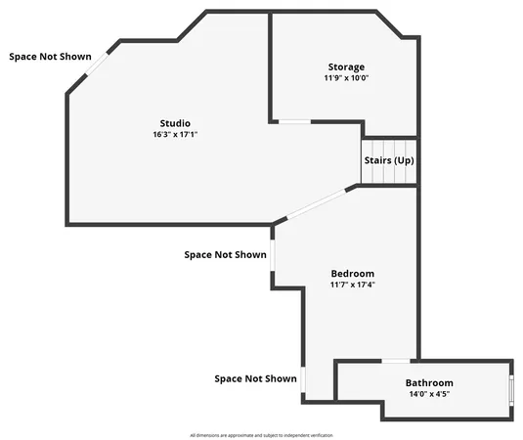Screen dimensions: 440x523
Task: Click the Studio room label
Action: click(x=175, y=122)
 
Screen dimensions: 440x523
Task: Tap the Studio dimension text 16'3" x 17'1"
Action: click(x=175, y=135)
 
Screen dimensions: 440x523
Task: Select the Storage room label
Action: click(x=346, y=66)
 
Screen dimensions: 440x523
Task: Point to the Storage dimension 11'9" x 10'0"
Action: click(x=346, y=78)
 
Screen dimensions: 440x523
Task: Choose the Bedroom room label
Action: click(x=352, y=273)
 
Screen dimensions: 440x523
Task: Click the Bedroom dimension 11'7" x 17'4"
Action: click(x=352, y=286)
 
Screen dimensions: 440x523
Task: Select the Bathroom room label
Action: click(x=429, y=382)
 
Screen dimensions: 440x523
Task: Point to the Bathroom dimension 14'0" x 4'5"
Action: click(x=429, y=395)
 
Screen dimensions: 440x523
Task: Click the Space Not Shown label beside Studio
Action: click(x=50, y=57)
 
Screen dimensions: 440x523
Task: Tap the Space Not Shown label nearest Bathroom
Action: click(x=255, y=378)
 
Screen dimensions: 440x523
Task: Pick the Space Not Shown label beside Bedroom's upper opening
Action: click(x=225, y=255)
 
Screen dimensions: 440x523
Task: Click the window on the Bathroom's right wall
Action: click(x=510, y=388)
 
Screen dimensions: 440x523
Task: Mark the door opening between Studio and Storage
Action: click(x=292, y=121)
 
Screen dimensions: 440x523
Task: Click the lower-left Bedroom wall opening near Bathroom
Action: click(x=302, y=379)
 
